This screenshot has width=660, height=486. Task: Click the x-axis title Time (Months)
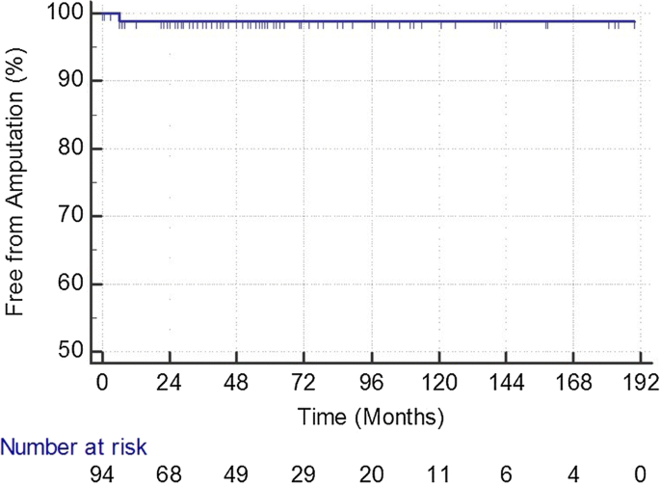pos(371,418)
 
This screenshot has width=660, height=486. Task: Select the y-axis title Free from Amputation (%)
pos(14,183)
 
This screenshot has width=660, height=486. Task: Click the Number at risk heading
pos(72,447)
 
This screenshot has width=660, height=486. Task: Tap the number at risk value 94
pos(102,473)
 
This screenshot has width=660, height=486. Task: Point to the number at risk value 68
pos(170,473)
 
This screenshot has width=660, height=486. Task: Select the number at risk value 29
pos(304,473)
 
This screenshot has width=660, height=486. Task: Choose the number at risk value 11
pos(438,473)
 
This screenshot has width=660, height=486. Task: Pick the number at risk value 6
pos(506,473)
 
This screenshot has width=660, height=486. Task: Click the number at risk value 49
pos(237,473)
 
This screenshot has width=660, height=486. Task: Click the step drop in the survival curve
pos(119,17)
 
